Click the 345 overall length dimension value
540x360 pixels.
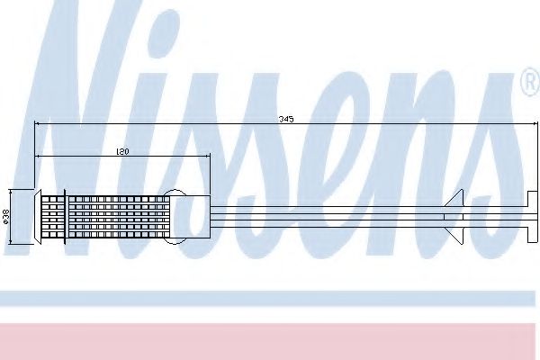tap(287, 117)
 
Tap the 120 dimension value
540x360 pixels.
tap(122, 151)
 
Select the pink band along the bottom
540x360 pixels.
tap(270, 340)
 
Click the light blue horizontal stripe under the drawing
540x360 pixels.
tap(270, 298)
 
